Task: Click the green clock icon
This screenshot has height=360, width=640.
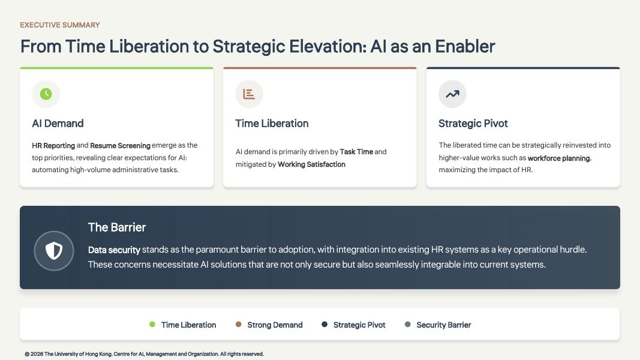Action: [46, 94]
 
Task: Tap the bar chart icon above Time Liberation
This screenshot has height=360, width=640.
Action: [249, 94]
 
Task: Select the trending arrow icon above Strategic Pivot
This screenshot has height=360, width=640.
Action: [452, 94]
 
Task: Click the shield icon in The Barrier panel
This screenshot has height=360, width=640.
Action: [54, 251]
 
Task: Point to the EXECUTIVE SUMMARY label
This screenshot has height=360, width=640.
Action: [60, 25]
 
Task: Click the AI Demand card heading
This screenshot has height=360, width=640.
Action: [58, 123]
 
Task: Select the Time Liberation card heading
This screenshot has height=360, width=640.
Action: [272, 123]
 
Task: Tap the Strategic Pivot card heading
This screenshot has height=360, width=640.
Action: [473, 123]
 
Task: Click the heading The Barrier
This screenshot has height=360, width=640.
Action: [117, 227]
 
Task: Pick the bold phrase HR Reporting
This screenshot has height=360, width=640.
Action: [53, 146]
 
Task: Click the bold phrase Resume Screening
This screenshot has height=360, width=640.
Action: [120, 146]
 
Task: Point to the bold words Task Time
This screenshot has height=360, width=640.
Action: [356, 152]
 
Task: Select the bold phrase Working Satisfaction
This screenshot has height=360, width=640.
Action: [311, 164]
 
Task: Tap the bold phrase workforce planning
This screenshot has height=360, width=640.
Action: [559, 158]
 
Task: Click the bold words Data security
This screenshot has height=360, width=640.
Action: [115, 250]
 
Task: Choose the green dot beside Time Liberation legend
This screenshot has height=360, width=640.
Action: [152, 325]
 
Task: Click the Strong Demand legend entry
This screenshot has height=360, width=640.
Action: [269, 325]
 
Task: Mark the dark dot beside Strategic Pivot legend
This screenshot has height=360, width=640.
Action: [324, 325]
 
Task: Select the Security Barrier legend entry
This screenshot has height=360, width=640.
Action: [438, 325]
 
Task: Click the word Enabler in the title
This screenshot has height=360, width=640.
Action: [465, 47]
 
